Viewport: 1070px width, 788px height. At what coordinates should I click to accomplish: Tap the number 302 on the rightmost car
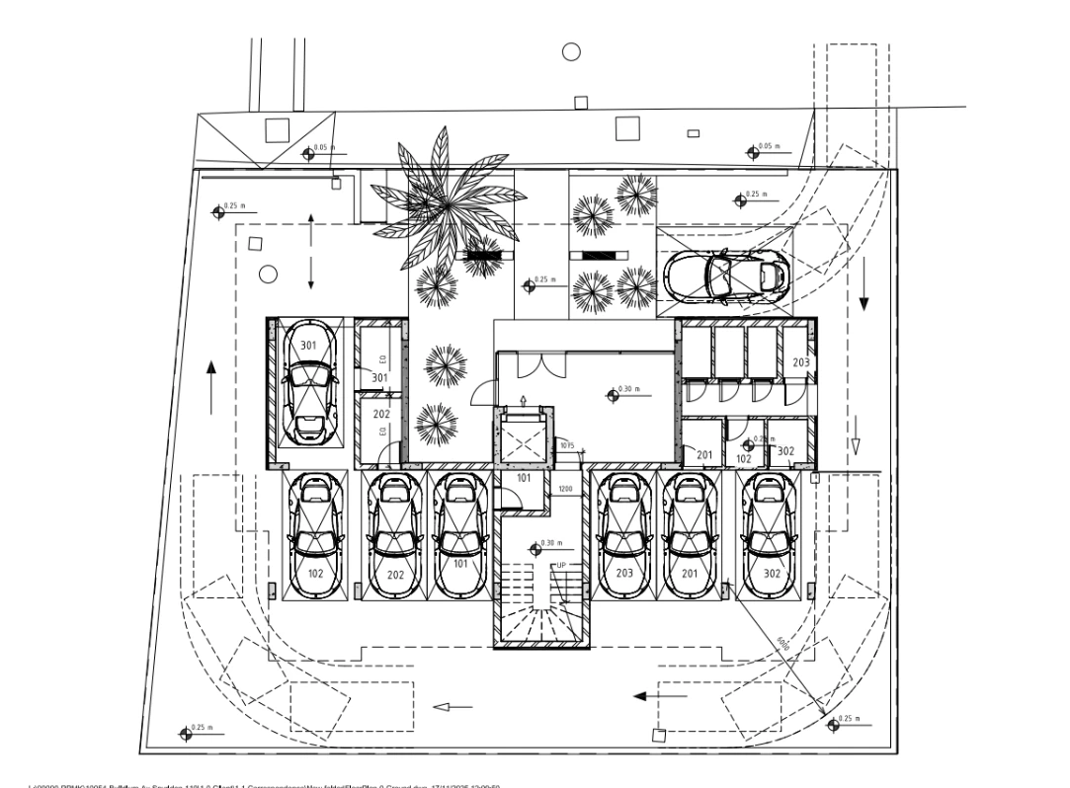tap(773, 573)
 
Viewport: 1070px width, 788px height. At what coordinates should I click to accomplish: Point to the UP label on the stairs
tap(560, 565)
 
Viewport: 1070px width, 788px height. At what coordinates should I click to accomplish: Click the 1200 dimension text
tap(565, 489)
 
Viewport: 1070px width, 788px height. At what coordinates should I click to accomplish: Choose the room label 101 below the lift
tap(524, 479)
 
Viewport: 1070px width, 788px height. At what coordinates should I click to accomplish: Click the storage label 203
tap(800, 362)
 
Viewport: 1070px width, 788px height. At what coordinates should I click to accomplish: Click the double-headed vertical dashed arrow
tap(311, 251)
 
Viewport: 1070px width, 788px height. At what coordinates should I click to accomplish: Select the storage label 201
tap(704, 454)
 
